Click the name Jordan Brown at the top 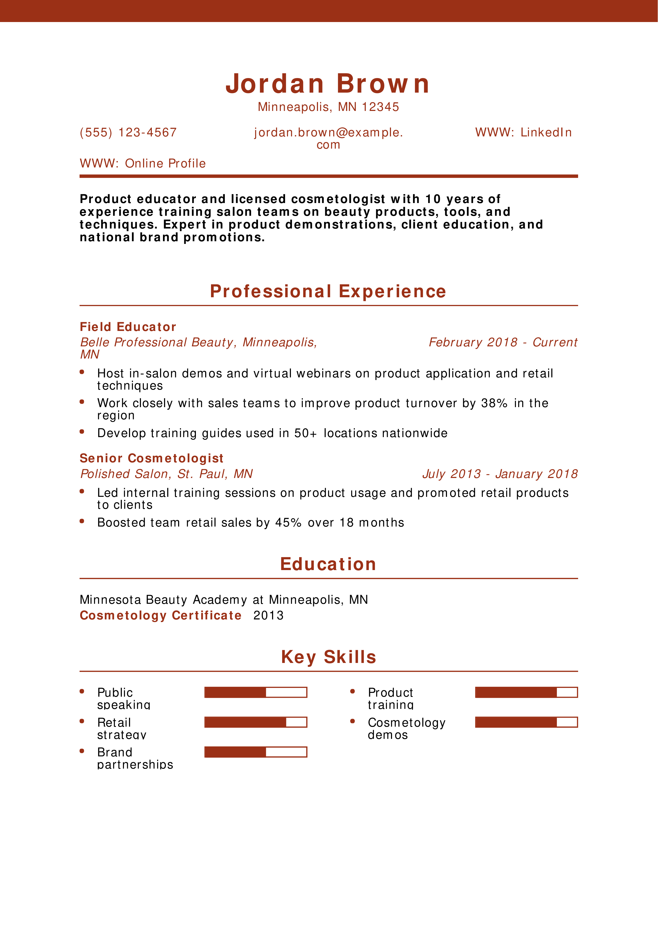(x=328, y=84)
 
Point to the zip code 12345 (x=380, y=107)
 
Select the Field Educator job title (x=128, y=327)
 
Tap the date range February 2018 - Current (x=503, y=342)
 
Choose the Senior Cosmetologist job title (x=151, y=458)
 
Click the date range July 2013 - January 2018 (x=500, y=474)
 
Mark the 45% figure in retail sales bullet (x=288, y=522)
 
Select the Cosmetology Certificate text (x=161, y=615)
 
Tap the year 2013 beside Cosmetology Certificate (x=268, y=615)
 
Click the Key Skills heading (x=328, y=657)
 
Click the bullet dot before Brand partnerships (x=82, y=751)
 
